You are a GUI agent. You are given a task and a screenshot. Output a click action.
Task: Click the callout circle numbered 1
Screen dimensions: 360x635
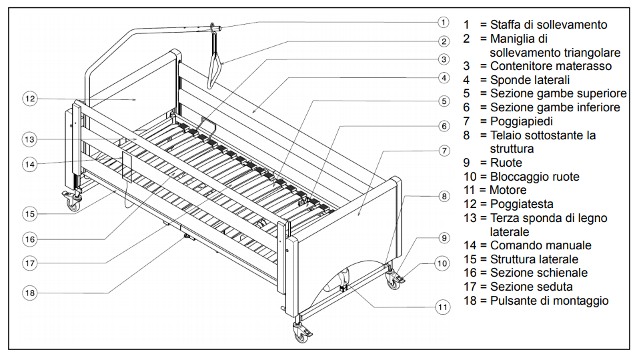[x=442, y=21]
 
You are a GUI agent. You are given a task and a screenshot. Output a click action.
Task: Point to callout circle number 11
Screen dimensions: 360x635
[x=443, y=307]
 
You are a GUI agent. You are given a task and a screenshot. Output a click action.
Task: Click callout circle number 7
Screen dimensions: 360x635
[x=444, y=150]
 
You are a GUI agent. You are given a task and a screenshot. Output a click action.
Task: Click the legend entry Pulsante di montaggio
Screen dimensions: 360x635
[x=549, y=301]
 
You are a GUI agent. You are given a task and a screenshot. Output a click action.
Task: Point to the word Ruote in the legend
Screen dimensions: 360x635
[x=506, y=163]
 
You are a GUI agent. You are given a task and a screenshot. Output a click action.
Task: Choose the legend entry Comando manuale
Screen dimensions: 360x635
[x=540, y=245]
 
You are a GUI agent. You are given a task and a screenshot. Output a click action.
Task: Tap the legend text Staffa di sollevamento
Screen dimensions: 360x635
[x=548, y=25]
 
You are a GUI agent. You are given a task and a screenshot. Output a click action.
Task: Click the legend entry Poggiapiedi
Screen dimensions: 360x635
[x=521, y=121]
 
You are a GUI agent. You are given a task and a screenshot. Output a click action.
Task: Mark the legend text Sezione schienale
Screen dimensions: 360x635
[x=539, y=273]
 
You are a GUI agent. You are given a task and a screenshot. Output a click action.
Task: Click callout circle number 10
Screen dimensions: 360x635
[x=442, y=263]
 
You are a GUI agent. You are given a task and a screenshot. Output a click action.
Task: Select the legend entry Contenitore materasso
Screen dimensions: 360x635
[x=550, y=66]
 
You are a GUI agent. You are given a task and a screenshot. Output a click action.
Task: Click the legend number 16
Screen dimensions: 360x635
[x=471, y=273]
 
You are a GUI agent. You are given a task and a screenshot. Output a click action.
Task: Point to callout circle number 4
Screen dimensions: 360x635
[x=444, y=77]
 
